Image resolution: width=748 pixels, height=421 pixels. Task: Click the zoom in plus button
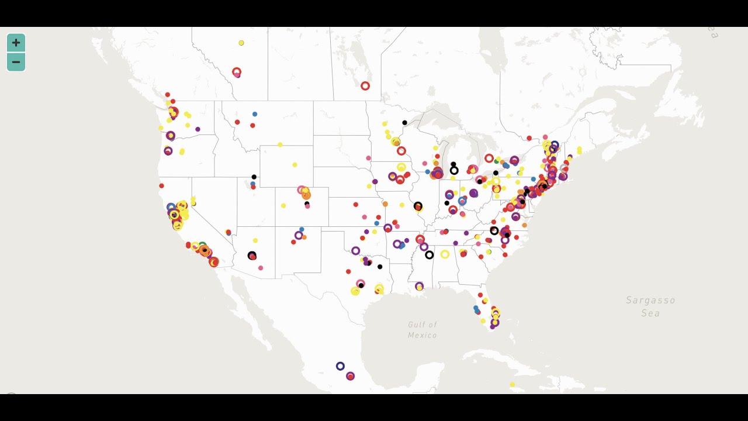(x=16, y=43)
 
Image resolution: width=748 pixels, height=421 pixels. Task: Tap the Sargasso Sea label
(x=650, y=306)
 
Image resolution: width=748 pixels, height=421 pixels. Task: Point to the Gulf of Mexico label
(x=423, y=330)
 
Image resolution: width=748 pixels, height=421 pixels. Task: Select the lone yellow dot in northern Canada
(x=241, y=43)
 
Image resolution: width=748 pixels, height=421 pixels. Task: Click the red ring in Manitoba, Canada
(x=365, y=86)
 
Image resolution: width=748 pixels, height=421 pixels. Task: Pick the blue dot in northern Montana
(x=255, y=114)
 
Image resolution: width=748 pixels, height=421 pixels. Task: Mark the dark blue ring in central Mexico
(x=340, y=366)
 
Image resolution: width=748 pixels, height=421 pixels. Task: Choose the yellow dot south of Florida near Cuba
(x=512, y=385)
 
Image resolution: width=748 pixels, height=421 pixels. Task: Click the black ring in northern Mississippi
(x=430, y=255)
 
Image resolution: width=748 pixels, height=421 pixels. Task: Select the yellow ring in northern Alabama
(x=445, y=254)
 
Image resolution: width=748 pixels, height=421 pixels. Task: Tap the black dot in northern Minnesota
(x=404, y=123)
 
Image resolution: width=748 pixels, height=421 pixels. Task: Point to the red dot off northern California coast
(x=161, y=186)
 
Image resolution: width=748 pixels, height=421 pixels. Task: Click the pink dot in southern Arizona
(x=261, y=268)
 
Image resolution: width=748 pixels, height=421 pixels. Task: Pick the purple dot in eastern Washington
(x=198, y=129)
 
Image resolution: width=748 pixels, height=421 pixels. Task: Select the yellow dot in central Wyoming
(x=295, y=165)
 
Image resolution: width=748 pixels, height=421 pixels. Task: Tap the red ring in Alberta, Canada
(x=237, y=72)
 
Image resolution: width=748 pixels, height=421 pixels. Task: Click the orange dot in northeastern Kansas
(x=385, y=204)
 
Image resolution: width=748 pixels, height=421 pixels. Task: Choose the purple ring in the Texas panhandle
(x=355, y=251)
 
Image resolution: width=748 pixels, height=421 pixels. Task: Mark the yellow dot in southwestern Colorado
(x=283, y=206)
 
